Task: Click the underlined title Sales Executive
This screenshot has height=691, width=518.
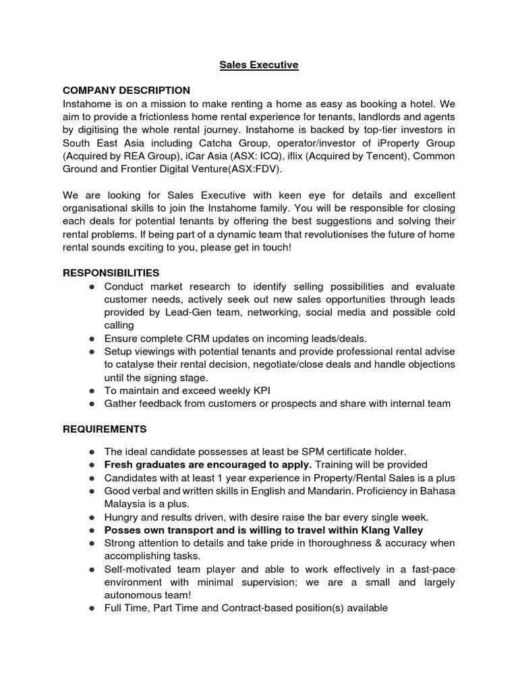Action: pyautogui.click(x=259, y=65)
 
